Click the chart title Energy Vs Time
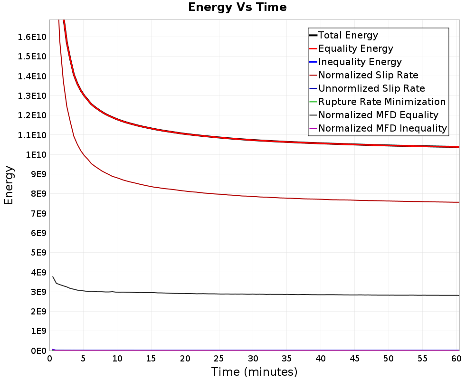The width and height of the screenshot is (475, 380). tap(237, 7)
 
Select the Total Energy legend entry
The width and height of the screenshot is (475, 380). tap(343, 35)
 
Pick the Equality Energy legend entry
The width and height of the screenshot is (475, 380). tap(351, 48)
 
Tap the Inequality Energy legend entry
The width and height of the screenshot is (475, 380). tap(355, 62)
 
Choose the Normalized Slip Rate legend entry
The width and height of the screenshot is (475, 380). tap(363, 75)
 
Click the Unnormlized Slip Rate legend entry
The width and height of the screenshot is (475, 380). tap(367, 88)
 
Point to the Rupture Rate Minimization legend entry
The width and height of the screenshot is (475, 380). tap(377, 102)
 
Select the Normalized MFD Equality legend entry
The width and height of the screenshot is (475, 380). tap(373, 115)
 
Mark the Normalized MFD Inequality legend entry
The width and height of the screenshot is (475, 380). tap(378, 128)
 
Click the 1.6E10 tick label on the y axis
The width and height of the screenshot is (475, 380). tap(32, 37)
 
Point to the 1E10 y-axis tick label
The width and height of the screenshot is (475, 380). tap(36, 155)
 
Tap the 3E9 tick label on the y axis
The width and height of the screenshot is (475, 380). tap(38, 292)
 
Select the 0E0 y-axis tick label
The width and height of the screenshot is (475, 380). tap(38, 351)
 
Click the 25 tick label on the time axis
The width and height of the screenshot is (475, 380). tap(218, 359)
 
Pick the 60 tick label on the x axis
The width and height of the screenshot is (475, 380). tap(456, 359)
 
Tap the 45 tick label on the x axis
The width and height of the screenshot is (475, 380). tap(354, 359)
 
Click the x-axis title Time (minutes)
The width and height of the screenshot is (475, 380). tap(254, 372)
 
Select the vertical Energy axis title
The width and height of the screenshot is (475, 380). tap(9, 185)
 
